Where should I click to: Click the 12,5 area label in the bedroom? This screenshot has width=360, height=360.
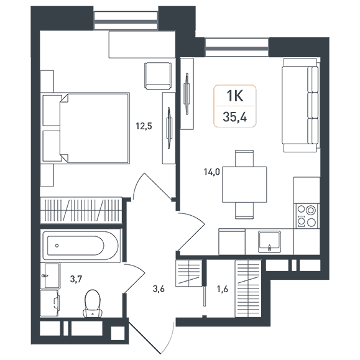144,126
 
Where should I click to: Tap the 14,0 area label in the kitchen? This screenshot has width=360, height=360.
211,172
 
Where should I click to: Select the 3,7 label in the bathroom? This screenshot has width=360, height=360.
76,279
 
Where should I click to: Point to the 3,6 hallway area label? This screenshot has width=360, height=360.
159,289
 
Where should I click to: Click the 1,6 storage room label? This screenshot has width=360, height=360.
222,289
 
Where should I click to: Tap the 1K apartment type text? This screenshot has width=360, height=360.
235,96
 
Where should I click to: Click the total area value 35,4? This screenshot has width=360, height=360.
235,118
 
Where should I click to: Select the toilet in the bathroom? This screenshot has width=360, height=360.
93,303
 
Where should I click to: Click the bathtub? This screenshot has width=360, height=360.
81,246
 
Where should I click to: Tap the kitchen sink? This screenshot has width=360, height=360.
270,241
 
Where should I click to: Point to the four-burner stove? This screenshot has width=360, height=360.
307,216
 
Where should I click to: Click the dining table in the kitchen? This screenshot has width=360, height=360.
244,185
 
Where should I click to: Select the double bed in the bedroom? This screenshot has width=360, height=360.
86,128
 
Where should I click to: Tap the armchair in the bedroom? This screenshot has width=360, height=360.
158,76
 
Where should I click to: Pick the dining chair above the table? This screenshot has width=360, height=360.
244,159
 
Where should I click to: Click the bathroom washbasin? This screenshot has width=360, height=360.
51,275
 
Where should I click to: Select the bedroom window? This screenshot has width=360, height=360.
126,21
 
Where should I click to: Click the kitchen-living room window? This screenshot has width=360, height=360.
237,47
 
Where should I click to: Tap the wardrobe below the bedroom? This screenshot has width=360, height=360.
81,210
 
